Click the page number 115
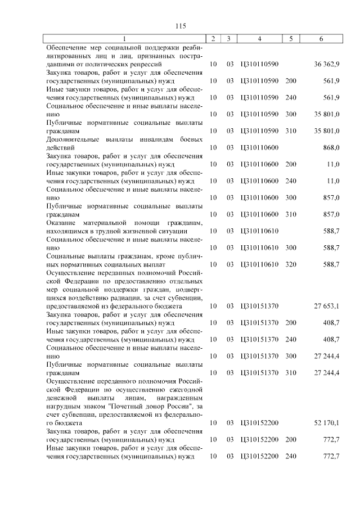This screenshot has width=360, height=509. point(180,26)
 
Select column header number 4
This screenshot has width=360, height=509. point(259,39)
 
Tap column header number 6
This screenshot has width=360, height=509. point(321,39)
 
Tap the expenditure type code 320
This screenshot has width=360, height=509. point(290,264)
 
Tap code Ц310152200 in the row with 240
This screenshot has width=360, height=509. point(259,456)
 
